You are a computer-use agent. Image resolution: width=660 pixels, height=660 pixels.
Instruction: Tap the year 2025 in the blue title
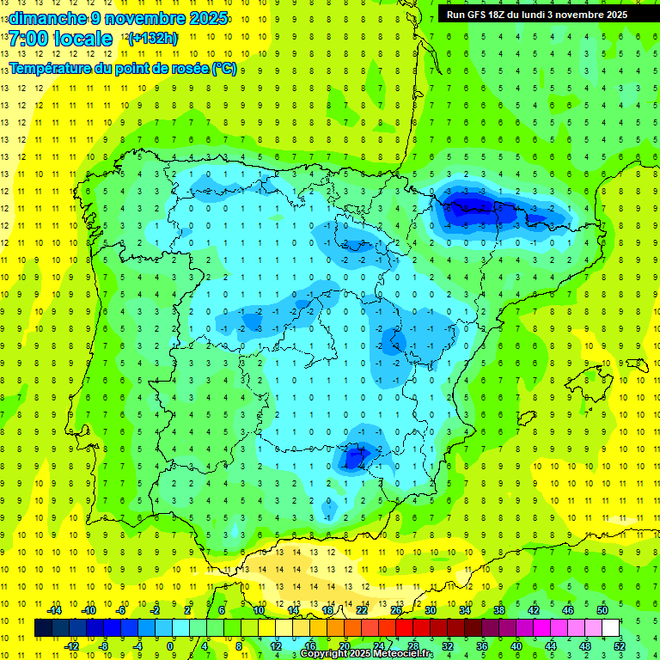coord(206,18)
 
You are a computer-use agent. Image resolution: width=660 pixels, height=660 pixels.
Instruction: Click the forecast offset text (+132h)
coord(152,39)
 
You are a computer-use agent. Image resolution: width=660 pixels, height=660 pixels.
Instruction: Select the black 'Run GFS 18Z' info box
coord(536,15)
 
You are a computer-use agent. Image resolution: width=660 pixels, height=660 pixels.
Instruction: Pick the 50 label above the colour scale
coord(602,610)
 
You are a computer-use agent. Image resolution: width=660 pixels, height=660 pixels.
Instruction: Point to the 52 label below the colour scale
coord(620,645)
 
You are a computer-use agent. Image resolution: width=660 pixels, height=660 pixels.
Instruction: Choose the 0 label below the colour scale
coord(170,645)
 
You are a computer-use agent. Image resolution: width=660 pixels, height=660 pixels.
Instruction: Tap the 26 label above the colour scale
coord(396,610)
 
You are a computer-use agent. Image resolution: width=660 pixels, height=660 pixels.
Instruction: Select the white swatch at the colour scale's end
coord(610,627)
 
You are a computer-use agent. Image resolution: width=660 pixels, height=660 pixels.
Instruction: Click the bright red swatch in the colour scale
coord(404,627)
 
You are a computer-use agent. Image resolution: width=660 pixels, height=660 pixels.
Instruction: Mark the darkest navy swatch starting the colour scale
coord(43,627)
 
